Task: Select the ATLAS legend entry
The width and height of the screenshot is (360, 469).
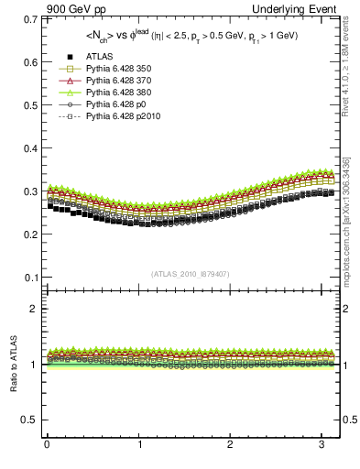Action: (x=100, y=57)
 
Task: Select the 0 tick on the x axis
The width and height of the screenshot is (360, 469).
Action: (x=47, y=445)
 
